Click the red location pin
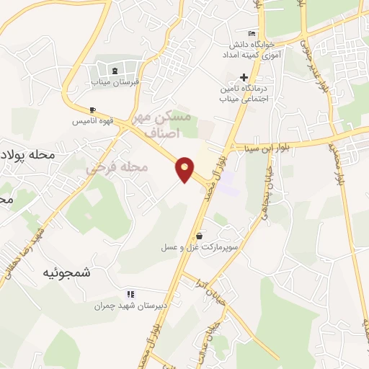(185, 169)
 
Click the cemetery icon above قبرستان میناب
(115, 70)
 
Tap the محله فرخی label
(117, 168)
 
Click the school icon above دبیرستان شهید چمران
(130, 294)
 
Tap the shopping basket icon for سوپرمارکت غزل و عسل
(199, 235)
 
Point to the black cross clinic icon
(244, 77)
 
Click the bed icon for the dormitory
(251, 34)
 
